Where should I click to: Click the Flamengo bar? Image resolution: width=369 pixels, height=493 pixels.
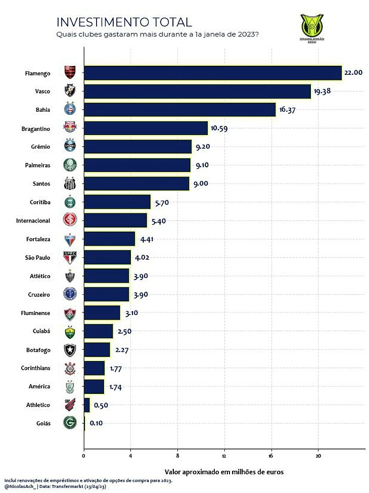(212, 73)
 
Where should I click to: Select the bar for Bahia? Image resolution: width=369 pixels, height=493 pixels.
(179, 110)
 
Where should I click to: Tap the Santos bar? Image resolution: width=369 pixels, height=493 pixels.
(136, 184)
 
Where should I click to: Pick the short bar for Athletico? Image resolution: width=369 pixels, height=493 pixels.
(86, 405)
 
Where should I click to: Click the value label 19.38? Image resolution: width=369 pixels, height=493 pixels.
(325, 92)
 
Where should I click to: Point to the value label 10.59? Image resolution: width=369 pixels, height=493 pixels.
(219, 128)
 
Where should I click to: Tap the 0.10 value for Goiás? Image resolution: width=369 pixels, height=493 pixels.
(97, 423)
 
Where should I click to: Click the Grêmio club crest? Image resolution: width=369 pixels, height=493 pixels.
(69, 147)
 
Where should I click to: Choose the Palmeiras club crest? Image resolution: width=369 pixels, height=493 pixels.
(69, 165)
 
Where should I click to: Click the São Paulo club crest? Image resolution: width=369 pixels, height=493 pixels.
(69, 257)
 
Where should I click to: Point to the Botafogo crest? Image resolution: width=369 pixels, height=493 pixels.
(69, 349)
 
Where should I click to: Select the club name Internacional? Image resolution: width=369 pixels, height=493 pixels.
(33, 220)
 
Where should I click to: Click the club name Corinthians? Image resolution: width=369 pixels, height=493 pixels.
(36, 368)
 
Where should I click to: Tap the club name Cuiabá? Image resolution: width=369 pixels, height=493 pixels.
(40, 331)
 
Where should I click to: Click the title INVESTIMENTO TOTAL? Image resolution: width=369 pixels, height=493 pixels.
(124, 22)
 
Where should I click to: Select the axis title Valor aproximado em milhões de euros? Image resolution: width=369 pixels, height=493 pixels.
(224, 472)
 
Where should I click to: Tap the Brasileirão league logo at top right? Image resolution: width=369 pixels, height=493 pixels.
(312, 29)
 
